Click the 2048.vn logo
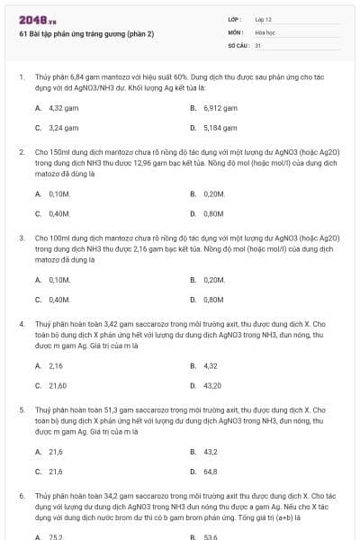point(31,19)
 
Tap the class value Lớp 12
point(264,19)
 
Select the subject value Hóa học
point(265,31)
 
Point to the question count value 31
point(258,44)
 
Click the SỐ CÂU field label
point(237,44)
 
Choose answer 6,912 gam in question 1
point(219,107)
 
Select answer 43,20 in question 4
point(211,385)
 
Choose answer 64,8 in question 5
point(210,471)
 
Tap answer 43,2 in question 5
point(210,451)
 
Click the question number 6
point(22,495)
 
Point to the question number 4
point(22,322)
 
